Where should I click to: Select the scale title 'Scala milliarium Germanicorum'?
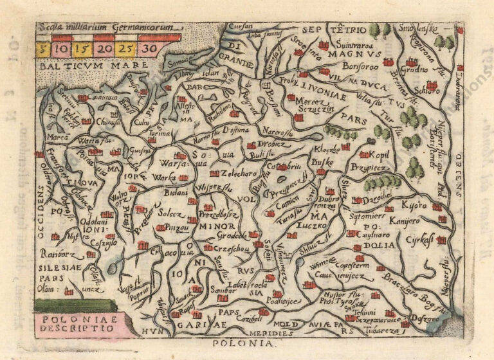tap(98, 28)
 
